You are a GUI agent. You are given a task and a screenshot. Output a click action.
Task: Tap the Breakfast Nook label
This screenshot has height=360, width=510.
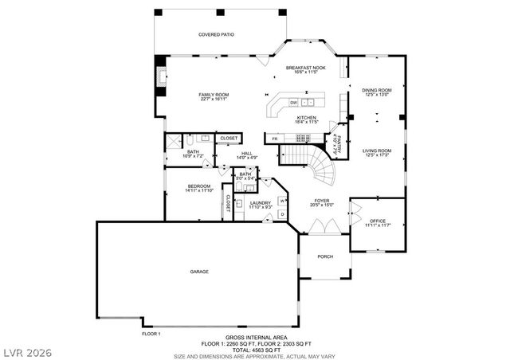tap(305, 68)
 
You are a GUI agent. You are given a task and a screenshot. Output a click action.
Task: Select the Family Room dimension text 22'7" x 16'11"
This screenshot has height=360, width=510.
tap(214, 100)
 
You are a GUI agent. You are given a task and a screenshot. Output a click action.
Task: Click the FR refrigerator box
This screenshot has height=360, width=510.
tap(274, 139)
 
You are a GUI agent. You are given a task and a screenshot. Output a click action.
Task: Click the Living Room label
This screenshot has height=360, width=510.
tap(376, 150)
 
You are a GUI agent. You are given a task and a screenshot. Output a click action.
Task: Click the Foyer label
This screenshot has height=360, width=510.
tap(321, 201)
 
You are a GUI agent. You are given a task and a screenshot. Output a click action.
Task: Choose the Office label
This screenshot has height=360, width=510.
tap(377, 221)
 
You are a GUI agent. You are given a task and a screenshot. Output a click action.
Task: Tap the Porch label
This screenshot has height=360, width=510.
tap(324, 256)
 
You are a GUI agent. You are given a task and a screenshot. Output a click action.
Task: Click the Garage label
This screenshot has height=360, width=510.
tap(199, 272)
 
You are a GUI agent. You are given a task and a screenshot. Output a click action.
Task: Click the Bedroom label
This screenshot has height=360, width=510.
tap(187, 186)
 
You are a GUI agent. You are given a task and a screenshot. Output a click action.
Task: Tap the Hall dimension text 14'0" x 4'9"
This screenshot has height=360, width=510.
tap(246, 158)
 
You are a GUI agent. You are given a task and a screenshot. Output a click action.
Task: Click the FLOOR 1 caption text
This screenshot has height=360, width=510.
tap(151, 333)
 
